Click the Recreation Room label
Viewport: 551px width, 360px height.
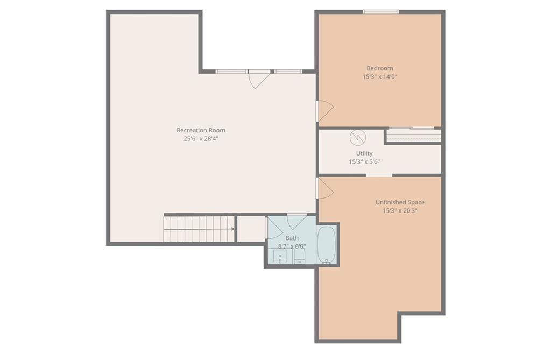click(x=201, y=130)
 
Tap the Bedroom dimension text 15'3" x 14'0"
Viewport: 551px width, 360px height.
click(x=379, y=76)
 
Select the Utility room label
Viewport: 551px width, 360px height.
click(x=364, y=153)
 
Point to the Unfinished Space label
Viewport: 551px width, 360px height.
click(x=400, y=202)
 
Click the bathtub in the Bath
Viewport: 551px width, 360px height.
click(x=327, y=244)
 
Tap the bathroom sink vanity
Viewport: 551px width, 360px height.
click(x=280, y=256)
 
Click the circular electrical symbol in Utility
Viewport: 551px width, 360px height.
click(x=358, y=138)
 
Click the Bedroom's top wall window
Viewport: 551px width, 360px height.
click(x=380, y=12)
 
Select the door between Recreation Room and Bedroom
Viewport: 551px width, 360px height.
click(x=324, y=111)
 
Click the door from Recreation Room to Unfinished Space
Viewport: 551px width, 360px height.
click(x=324, y=188)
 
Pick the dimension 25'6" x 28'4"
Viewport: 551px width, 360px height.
click(x=201, y=138)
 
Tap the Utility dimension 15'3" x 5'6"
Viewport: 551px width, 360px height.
click(x=364, y=162)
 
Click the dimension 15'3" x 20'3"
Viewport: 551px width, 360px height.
click(x=400, y=211)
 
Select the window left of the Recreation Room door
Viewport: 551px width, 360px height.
click(x=231, y=72)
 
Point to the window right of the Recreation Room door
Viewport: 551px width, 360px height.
click(x=288, y=72)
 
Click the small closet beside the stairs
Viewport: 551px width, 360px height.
click(x=251, y=229)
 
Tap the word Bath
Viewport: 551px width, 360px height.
click(x=292, y=238)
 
